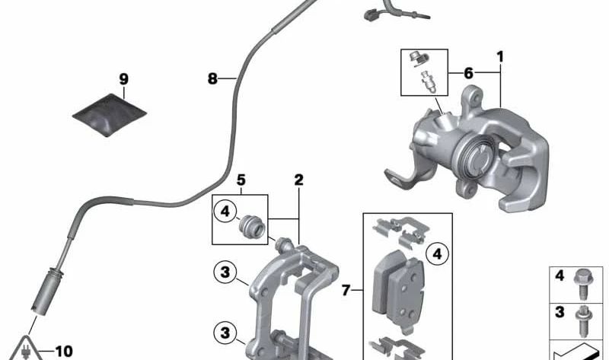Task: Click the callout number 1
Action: pos(500,57)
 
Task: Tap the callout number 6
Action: pos(469,72)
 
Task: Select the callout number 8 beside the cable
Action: pos(212,79)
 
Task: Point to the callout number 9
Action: pos(123,79)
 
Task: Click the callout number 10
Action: pos(64,352)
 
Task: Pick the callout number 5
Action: pos(241,180)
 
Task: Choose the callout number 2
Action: pos(298,180)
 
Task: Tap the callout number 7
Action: pos(346,290)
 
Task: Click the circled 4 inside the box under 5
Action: pos(225,212)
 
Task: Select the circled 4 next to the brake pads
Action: pos(437,254)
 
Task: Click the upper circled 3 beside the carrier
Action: pos(225,272)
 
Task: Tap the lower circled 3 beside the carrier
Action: pos(225,333)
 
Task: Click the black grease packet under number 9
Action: pos(110,115)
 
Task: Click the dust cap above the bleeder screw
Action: pos(419,59)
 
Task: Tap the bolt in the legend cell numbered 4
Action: pos(582,284)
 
